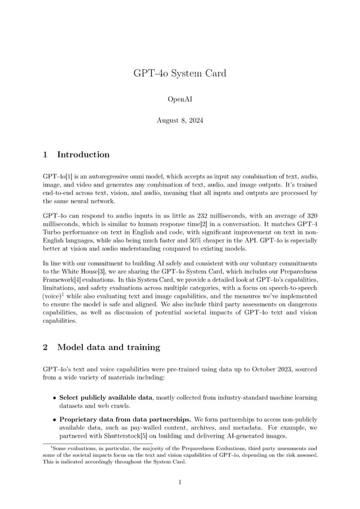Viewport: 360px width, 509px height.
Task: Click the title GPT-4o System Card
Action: click(179, 74)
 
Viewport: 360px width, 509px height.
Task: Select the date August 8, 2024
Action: click(179, 121)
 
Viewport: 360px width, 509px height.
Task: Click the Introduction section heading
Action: click(83, 155)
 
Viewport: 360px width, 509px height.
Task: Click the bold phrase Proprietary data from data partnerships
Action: click(119, 418)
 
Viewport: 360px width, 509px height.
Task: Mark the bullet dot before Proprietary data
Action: click(55, 418)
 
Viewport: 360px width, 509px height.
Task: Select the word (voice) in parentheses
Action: click(53, 298)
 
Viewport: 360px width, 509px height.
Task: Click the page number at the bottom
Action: click(179, 482)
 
